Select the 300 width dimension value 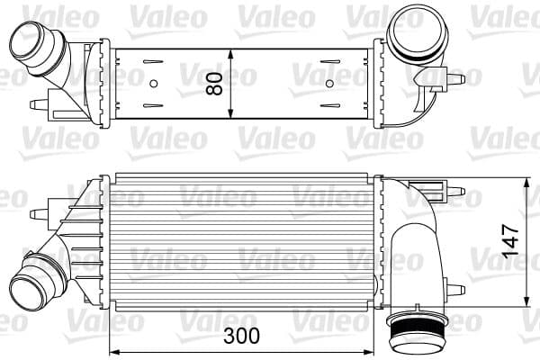point(240,336)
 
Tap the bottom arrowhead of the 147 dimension point(526,303)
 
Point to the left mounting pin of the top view point(37,104)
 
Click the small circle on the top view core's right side point(328,83)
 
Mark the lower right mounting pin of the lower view point(456,289)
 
